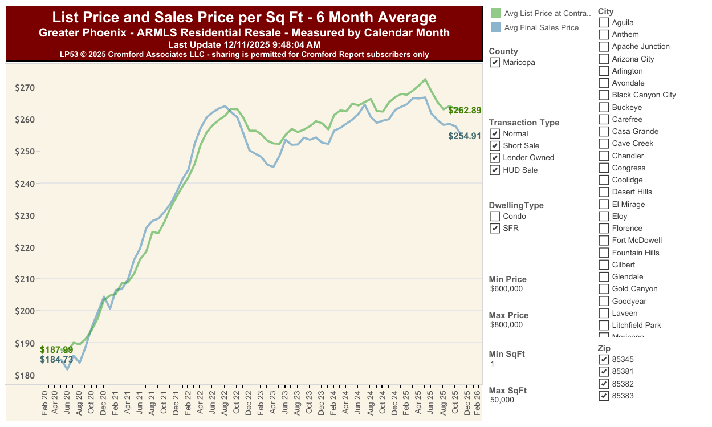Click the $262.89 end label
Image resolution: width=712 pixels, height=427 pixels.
465,111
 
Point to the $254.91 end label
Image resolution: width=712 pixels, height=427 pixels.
465,136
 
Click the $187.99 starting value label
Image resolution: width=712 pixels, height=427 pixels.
56,349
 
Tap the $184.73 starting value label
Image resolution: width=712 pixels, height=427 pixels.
56,359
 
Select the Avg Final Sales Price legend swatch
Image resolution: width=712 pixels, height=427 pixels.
495,27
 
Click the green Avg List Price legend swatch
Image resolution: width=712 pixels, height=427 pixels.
495,13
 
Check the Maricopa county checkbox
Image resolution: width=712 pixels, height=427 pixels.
495,62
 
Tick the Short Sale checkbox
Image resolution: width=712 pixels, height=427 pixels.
495,145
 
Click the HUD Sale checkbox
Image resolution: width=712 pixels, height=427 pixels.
495,170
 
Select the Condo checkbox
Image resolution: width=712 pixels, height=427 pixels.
495,216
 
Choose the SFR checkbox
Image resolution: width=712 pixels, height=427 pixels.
495,229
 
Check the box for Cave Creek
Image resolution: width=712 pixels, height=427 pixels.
604,144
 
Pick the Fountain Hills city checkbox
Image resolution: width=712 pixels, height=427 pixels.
604,253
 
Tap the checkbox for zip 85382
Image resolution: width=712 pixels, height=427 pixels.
604,384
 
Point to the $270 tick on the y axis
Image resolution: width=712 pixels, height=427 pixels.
25,88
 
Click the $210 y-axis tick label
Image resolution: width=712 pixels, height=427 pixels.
25,279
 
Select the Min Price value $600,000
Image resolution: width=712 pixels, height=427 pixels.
506,289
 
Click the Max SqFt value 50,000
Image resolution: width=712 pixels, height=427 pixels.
502,400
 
